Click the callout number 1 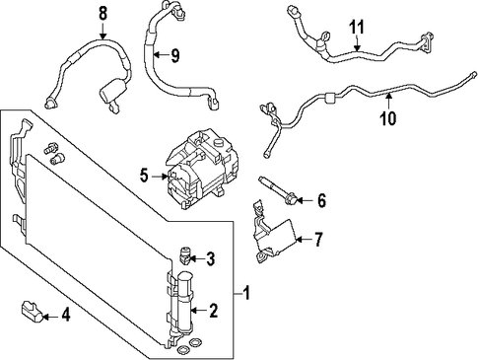click(246, 293)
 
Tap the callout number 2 click(213, 311)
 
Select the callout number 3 click(210, 258)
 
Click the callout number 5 click(144, 176)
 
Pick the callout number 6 click(321, 200)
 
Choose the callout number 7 click(318, 239)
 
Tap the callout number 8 click(102, 14)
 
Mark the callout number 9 click(175, 55)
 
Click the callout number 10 click(388, 118)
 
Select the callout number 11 click(357, 27)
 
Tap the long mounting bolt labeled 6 click(279, 190)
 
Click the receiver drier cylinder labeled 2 click(184, 301)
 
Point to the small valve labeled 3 click(185, 255)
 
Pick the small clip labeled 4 click(33, 311)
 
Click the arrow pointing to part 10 click(388, 101)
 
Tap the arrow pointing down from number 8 click(102, 32)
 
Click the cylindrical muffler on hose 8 click(113, 92)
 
